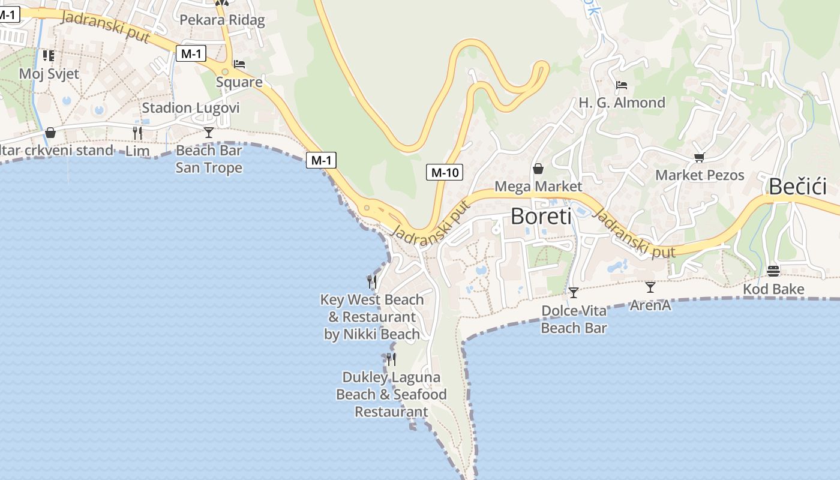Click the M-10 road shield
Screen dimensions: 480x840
click(x=445, y=173)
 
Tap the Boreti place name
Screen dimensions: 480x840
click(x=541, y=216)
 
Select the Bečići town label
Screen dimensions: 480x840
click(x=797, y=187)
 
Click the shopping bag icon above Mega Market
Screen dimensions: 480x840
click(x=538, y=169)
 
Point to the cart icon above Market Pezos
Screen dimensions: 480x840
click(x=699, y=157)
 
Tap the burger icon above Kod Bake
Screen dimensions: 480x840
click(x=773, y=271)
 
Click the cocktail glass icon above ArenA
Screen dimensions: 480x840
click(x=650, y=287)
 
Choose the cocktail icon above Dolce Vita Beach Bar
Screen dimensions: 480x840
click(x=574, y=292)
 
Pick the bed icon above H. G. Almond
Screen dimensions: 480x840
click(x=622, y=85)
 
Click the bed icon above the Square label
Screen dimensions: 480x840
click(x=239, y=64)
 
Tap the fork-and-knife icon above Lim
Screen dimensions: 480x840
click(x=137, y=133)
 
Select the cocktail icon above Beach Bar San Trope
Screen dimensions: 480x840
click(x=209, y=132)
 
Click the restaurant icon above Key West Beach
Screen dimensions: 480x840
click(x=372, y=281)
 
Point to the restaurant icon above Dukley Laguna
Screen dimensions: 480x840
click(x=391, y=359)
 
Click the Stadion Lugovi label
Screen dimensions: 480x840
click(x=191, y=108)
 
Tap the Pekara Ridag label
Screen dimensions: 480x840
click(x=222, y=20)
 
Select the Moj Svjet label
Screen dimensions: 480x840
click(x=49, y=74)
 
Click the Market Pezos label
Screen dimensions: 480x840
click(x=700, y=175)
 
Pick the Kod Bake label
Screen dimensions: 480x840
click(x=773, y=289)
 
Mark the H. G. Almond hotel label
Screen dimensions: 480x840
click(x=622, y=103)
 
